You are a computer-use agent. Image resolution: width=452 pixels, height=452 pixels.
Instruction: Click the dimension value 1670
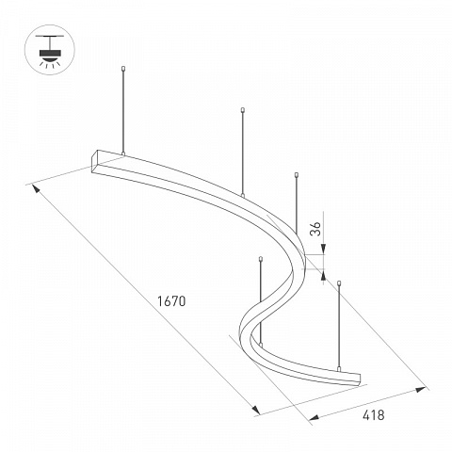171,301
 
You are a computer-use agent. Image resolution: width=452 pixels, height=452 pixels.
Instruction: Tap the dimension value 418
373,415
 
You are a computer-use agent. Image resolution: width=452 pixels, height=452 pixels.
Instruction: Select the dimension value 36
315,229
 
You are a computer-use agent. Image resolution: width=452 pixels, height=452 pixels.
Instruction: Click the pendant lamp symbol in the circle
50,50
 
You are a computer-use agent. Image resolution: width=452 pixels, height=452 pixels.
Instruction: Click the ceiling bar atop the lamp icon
50,37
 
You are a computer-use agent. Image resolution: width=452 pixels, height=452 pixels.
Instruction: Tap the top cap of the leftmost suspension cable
123,69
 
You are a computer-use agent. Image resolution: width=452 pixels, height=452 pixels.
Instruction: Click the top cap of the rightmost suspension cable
339,283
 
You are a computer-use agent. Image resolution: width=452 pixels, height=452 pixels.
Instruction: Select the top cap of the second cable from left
242,110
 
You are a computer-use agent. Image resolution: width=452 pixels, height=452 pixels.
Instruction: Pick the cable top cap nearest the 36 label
296,175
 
